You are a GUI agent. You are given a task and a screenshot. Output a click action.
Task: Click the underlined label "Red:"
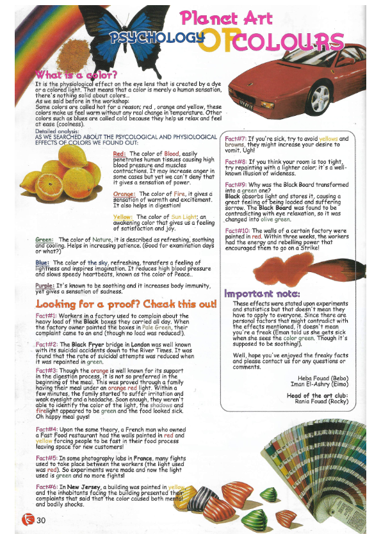119,154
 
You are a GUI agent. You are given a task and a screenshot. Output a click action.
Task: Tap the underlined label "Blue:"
42,262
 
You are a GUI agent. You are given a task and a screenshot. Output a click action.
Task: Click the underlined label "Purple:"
44,286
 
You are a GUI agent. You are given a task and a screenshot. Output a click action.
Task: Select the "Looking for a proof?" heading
126,303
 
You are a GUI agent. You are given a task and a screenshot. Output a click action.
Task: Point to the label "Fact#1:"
49,316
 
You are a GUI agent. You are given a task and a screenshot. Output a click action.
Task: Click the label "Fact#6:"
47,487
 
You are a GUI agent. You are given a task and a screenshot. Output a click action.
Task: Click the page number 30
42,519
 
